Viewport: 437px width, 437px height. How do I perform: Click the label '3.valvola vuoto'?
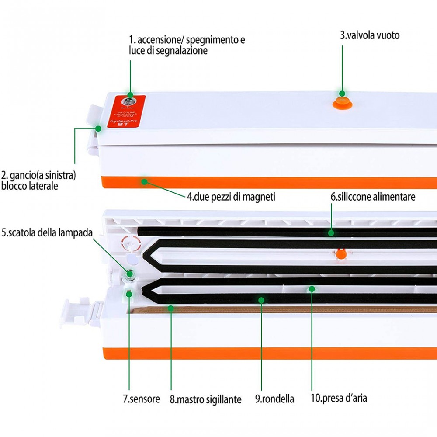(x=370, y=35)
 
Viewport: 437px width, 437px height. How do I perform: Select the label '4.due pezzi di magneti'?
(x=231, y=197)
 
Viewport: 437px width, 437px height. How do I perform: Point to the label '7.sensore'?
(x=141, y=399)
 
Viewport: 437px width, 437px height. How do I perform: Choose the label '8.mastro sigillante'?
(x=205, y=399)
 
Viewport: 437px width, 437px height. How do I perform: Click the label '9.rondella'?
(x=274, y=399)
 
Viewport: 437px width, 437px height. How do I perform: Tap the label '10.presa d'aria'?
(x=338, y=398)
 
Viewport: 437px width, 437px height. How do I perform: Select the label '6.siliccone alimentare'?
(x=372, y=197)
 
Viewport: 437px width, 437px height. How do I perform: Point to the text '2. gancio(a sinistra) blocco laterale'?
(x=38, y=180)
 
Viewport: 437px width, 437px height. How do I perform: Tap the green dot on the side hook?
(x=98, y=128)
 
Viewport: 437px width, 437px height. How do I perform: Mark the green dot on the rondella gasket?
(x=261, y=300)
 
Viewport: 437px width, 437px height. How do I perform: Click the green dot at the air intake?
(x=312, y=288)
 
